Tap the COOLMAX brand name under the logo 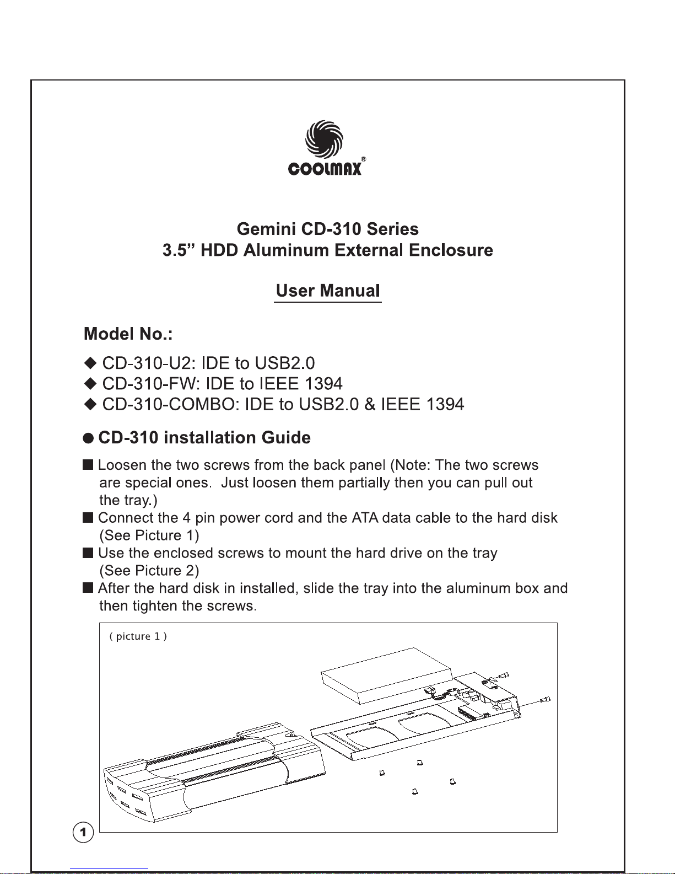pyautogui.click(x=325, y=168)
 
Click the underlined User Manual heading pyautogui.click(x=328, y=291)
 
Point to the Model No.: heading pyautogui.click(x=128, y=334)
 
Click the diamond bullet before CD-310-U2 pyautogui.click(x=90, y=363)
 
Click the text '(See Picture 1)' pyautogui.click(x=149, y=535)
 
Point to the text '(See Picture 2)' pyautogui.click(x=149, y=570)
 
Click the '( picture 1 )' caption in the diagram pyautogui.click(x=138, y=636)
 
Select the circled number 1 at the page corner pyautogui.click(x=83, y=832)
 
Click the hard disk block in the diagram pyautogui.click(x=386, y=675)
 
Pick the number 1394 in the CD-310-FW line pyautogui.click(x=323, y=384)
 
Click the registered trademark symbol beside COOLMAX pyautogui.click(x=364, y=159)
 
